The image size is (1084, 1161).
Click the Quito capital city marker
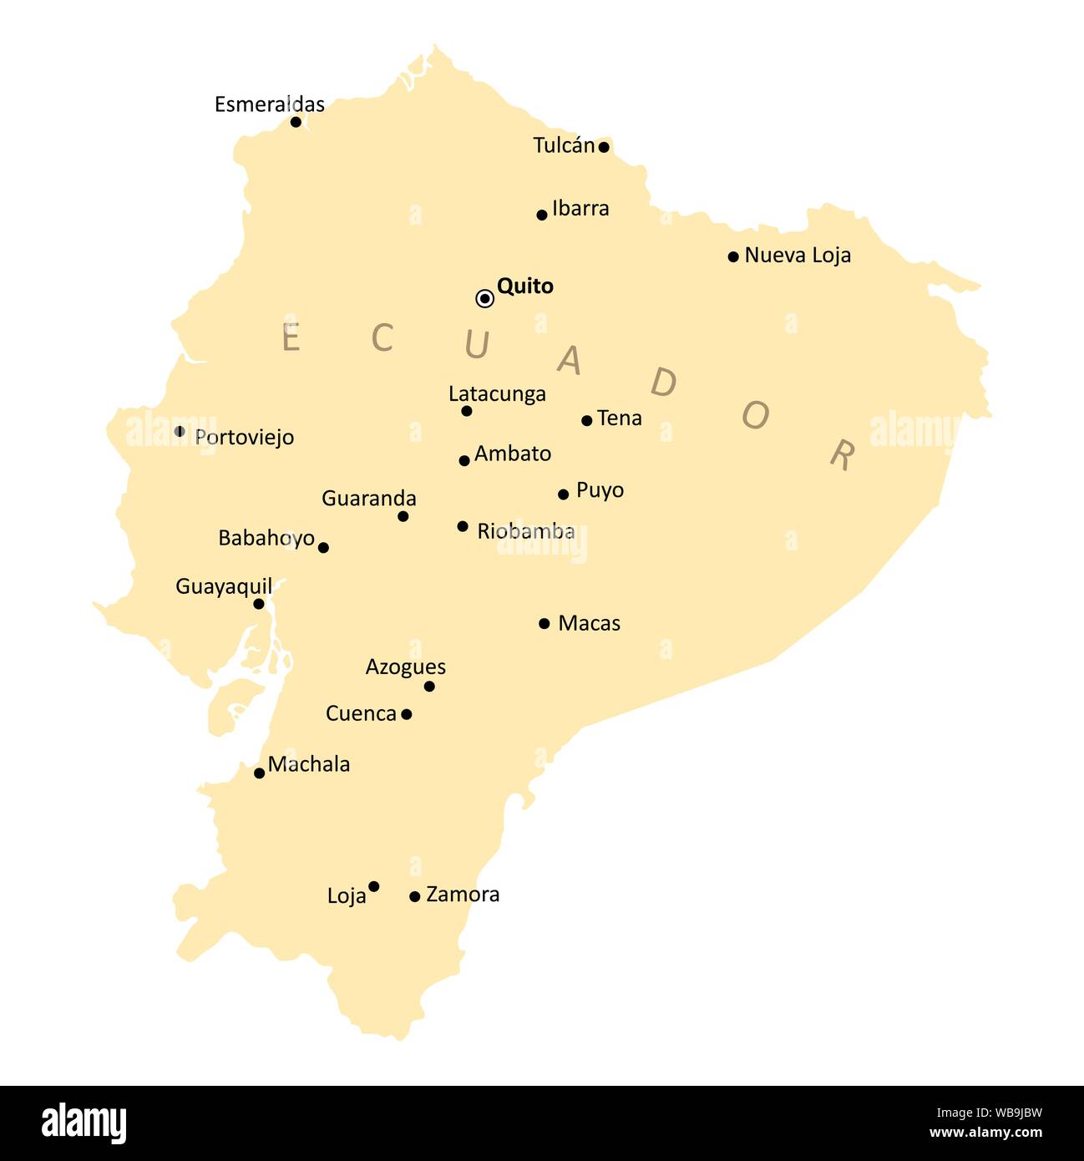coord(484,298)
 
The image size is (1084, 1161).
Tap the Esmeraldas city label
coord(269,104)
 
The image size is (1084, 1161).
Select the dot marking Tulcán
coord(604,147)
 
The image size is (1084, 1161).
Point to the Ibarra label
coord(580,208)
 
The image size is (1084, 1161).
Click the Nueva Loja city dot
coord(733,256)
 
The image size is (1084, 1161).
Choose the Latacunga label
coord(497,393)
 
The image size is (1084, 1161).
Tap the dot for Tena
coord(586,420)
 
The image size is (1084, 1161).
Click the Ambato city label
coord(513,454)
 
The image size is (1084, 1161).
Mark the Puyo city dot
coord(563,494)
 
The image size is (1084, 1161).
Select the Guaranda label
coord(368,499)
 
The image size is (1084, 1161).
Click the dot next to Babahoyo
coord(323,548)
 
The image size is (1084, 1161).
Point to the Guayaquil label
coord(223,586)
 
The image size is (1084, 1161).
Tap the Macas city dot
coord(544,623)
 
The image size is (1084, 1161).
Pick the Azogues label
coord(405,667)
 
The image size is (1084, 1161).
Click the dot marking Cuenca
coord(406,714)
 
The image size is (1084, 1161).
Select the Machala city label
coord(308,763)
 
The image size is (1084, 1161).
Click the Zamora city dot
coord(414,896)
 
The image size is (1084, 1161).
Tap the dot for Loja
coord(373,886)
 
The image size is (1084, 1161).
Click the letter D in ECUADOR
coord(663,383)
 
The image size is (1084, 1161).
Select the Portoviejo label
coord(244,437)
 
